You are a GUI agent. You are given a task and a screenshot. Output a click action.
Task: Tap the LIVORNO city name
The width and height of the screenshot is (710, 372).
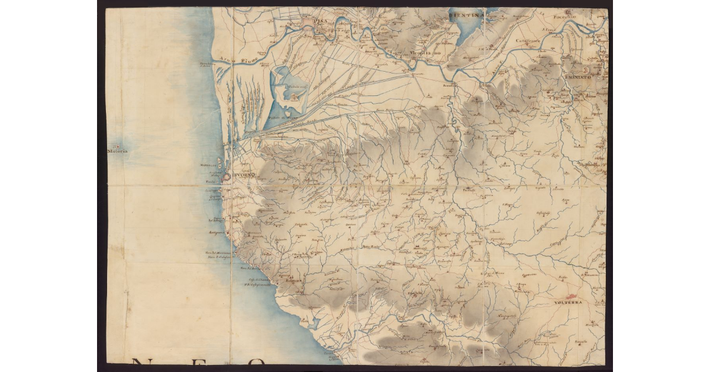[x=243, y=175]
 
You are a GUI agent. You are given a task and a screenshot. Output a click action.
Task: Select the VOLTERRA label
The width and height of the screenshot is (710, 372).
[x=569, y=303]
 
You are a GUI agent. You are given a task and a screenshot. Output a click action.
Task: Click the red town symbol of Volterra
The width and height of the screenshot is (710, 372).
[x=572, y=296]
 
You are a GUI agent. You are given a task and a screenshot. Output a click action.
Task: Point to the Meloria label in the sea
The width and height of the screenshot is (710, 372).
[x=117, y=152]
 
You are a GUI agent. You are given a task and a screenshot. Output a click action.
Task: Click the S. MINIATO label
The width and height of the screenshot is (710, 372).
[x=580, y=78]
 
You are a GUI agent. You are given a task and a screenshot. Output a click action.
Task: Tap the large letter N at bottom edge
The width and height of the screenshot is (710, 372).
[x=143, y=363]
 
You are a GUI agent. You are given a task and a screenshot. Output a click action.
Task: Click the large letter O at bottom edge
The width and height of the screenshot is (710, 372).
[x=257, y=363]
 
